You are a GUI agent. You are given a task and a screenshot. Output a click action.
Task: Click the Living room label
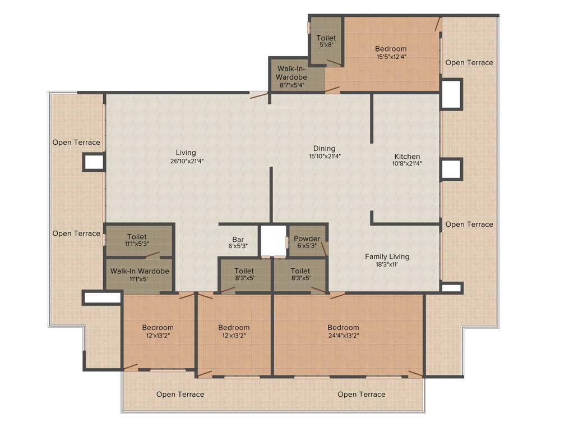[186, 153]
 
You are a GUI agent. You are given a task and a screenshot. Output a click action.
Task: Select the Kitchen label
[407, 157]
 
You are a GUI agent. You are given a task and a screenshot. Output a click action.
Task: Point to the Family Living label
[387, 256]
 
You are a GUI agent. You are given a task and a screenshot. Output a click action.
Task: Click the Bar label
[238, 240]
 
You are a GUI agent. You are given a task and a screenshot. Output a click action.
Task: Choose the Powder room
[307, 241]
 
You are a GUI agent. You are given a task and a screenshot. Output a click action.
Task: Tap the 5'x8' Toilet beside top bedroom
[326, 41]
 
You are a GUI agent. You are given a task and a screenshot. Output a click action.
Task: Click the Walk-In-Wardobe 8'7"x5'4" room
[291, 77]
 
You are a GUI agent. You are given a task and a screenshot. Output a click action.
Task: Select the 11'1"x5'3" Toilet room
[137, 240]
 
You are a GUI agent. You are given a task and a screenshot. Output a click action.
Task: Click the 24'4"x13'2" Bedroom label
[343, 328]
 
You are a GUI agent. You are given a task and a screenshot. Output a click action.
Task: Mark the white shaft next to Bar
[273, 241]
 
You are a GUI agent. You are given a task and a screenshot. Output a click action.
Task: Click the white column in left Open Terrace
[94, 162]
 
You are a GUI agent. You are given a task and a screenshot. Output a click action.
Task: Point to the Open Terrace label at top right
[469, 62]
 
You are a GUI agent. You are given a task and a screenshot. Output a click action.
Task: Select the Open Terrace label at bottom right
[361, 395]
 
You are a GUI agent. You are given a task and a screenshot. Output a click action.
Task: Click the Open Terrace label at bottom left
[180, 395]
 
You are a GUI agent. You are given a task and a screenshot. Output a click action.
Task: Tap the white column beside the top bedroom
[451, 94]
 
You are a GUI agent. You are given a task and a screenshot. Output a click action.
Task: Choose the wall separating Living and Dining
[271, 194]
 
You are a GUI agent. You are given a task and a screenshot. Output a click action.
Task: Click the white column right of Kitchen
[451, 169]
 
